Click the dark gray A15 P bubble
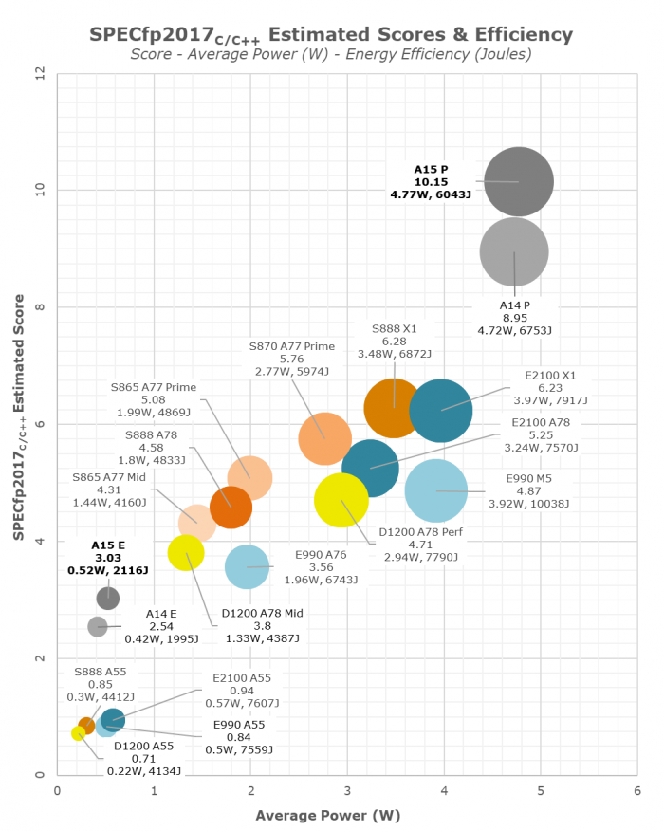pyautogui.click(x=518, y=181)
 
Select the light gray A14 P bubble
pyautogui.click(x=514, y=252)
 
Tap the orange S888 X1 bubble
pyautogui.click(x=394, y=408)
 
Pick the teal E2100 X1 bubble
pyautogui.click(x=441, y=410)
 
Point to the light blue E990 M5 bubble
pyautogui.click(x=436, y=490)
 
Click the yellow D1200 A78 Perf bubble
pyautogui.click(x=341, y=500)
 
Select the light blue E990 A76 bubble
pyautogui.click(x=247, y=566)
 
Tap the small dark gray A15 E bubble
pyautogui.click(x=107, y=598)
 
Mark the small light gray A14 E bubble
pyautogui.click(x=98, y=626)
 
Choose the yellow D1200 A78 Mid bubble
pyautogui.click(x=186, y=552)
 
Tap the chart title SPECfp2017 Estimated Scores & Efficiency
pyautogui.click(x=331, y=34)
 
